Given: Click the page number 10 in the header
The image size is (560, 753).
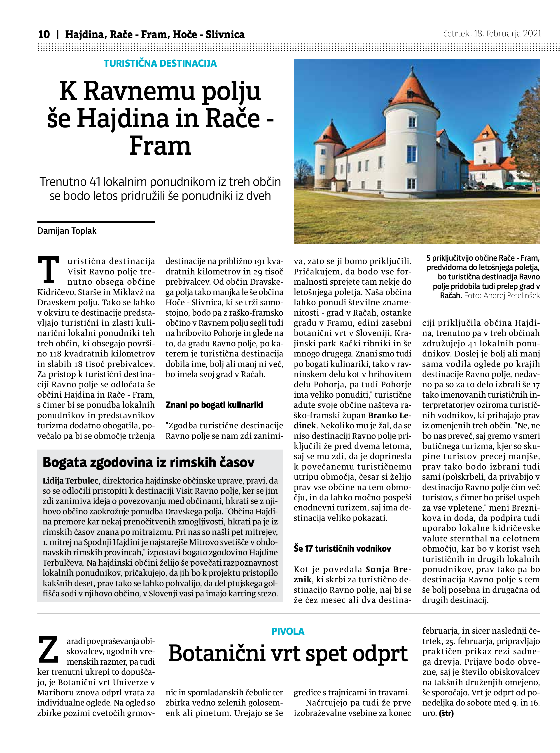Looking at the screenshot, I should (x=44, y=34).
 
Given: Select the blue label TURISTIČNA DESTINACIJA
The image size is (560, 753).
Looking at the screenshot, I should (x=160, y=64).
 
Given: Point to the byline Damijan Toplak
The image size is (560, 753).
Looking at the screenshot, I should (x=67, y=231).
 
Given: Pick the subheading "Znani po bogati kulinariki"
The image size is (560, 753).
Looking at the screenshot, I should (x=214, y=405).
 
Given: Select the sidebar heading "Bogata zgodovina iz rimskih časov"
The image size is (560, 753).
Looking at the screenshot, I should (x=149, y=463).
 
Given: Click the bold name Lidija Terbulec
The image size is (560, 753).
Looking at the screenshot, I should (x=70, y=481).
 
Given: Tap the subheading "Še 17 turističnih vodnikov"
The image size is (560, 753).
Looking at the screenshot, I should (x=342, y=549).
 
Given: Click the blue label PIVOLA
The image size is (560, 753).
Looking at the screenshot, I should (x=288, y=632).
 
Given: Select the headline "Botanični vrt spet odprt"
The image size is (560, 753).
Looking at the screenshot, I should (x=288, y=654).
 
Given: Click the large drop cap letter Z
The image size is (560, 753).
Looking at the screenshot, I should (x=49, y=650).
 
